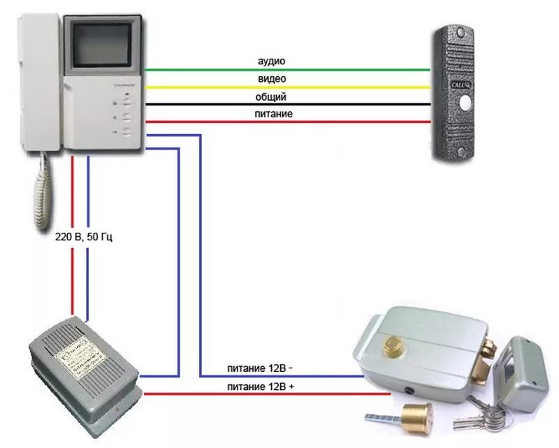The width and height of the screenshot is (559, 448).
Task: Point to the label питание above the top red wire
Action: click(x=273, y=113)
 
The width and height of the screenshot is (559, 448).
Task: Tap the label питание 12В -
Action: click(x=260, y=368)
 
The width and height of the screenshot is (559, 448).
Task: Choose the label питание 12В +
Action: click(x=260, y=386)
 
